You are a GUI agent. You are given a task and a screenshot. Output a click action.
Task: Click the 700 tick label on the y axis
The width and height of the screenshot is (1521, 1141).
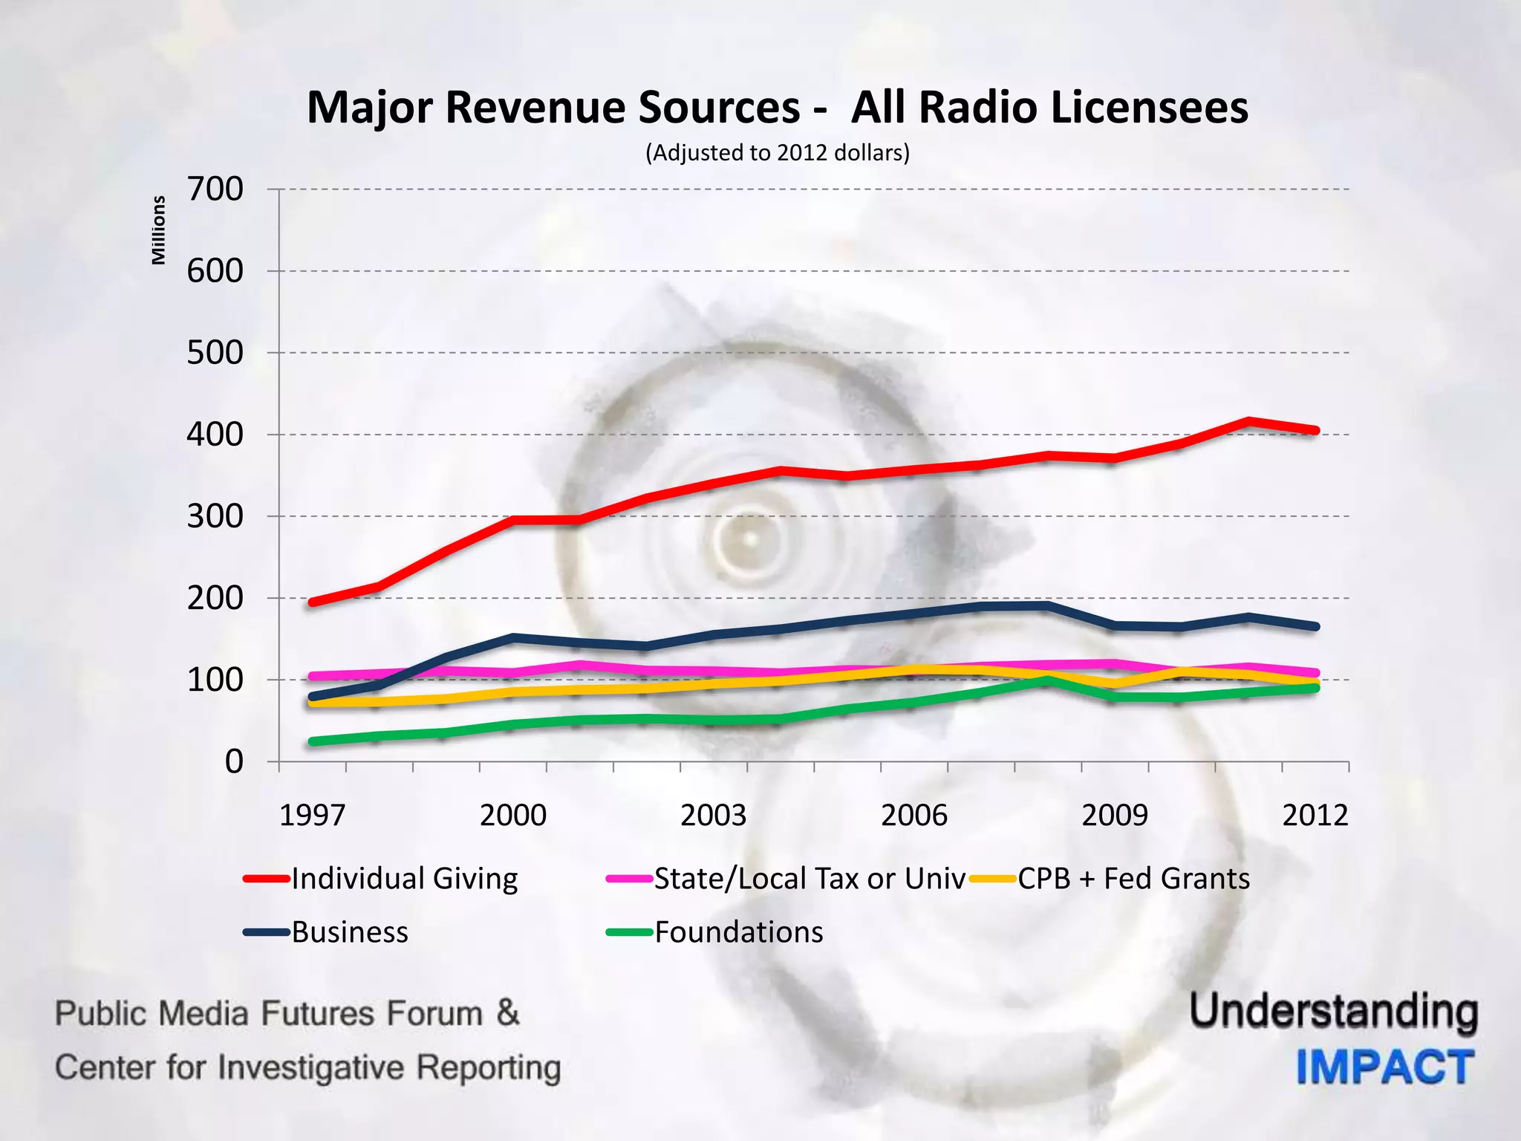tap(215, 189)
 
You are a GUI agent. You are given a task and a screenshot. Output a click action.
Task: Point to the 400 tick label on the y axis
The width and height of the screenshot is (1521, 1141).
tap(215, 435)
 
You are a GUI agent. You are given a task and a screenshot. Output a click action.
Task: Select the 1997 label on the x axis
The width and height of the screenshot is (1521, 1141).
tap(312, 816)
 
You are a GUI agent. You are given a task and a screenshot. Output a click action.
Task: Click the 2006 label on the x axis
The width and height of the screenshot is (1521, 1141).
tap(913, 816)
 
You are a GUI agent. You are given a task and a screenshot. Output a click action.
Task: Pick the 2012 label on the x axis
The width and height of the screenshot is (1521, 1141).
tap(1315, 816)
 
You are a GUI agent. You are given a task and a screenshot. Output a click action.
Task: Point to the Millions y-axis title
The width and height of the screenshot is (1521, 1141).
tap(158, 230)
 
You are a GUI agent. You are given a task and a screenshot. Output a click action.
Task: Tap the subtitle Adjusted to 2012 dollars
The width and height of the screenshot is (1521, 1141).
tap(777, 153)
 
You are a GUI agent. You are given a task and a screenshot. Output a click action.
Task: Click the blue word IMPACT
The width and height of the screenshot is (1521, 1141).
tap(1385, 1067)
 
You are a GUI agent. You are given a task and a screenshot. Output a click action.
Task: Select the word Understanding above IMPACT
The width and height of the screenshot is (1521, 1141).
tap(1334, 1012)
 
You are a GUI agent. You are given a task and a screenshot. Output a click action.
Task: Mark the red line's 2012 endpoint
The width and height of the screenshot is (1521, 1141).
tap(1315, 431)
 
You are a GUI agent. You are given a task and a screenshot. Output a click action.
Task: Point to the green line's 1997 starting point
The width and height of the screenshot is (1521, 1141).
tap(313, 741)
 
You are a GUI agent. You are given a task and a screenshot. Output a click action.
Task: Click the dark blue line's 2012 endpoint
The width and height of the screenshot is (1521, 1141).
tap(1315, 627)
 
